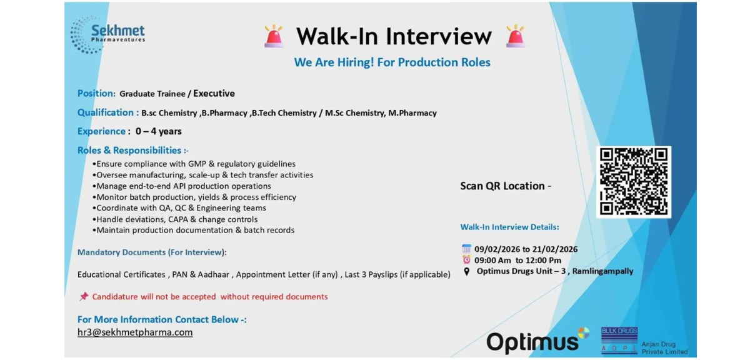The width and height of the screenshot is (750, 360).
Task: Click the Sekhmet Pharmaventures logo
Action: [107, 34]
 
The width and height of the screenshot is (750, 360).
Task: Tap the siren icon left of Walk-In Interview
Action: [274, 36]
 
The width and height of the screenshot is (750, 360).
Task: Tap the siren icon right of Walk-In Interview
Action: [515, 36]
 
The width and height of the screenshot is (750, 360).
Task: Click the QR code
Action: [634, 182]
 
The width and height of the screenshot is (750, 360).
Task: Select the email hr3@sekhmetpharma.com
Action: [135, 332]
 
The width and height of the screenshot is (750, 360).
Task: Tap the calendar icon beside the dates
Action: [466, 249]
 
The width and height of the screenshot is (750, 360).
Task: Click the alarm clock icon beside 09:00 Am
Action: [466, 260]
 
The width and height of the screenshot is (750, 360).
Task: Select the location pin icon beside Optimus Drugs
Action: [466, 271]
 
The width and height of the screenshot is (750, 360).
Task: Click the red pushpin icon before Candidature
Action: [84, 297]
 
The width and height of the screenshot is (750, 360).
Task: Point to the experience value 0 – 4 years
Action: [159, 131]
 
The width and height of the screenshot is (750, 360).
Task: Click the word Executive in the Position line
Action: [214, 94]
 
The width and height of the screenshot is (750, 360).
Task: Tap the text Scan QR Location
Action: [505, 186]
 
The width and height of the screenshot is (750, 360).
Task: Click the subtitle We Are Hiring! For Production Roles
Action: [392, 62]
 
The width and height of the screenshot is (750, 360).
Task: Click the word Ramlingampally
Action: [604, 271]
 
